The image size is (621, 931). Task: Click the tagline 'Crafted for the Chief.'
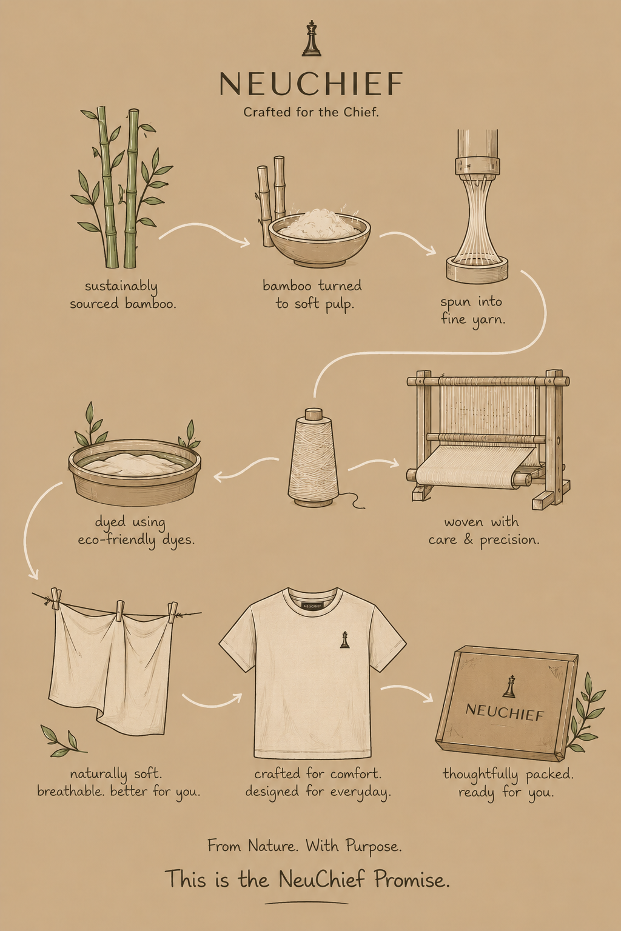[311, 112]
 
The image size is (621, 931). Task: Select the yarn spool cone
[314, 458]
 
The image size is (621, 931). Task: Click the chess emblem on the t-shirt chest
[344, 639]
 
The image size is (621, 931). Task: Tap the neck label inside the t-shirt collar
[312, 606]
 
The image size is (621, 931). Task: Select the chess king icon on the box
[509, 686]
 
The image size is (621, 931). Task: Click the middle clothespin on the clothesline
[120, 611]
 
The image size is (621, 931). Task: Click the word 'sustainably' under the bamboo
[121, 287]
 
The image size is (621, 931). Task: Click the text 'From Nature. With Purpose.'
[304, 846]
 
